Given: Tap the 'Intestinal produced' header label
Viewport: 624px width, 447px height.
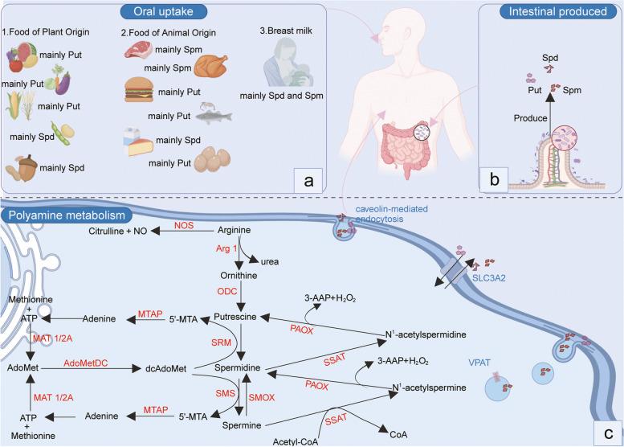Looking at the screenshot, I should point(562,14).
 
